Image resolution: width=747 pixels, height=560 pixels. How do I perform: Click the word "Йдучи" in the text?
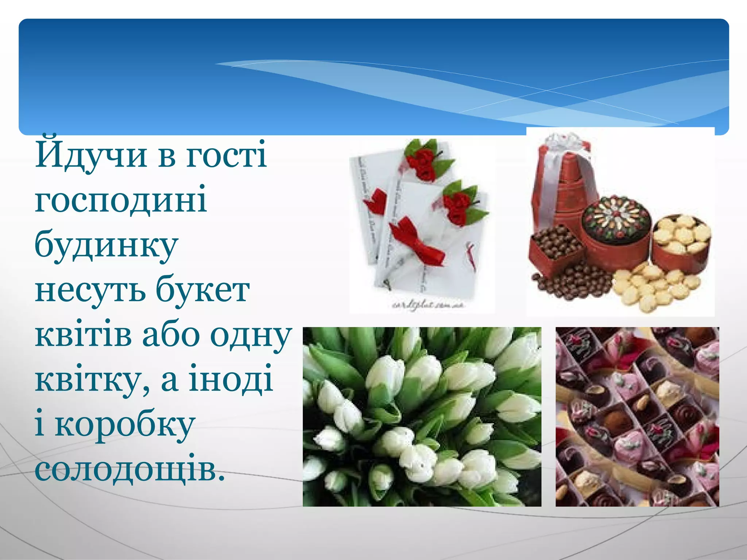coord(91,155)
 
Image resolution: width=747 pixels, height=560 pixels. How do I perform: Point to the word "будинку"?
coord(106,244)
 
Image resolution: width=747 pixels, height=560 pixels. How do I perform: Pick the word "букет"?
coord(203,290)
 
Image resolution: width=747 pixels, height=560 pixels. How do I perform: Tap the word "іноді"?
coord(230,379)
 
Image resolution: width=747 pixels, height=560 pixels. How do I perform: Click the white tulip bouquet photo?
coord(422,416)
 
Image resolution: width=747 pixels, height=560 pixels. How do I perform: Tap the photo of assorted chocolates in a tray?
coord(637,416)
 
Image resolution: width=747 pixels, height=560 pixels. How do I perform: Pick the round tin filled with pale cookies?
coord(681,237)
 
